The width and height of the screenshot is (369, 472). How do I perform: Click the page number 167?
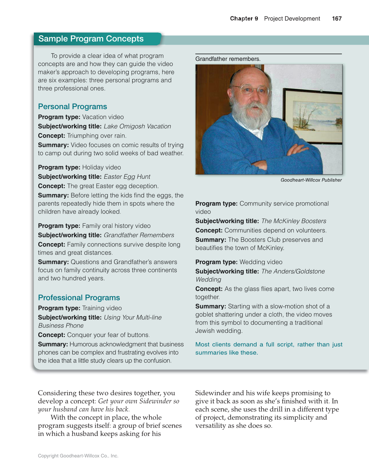336,19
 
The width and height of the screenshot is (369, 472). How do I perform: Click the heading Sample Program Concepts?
91,39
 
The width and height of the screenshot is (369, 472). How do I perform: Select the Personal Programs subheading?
72,107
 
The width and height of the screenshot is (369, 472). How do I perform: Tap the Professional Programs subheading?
79,297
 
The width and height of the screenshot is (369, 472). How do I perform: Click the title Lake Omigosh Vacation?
137,126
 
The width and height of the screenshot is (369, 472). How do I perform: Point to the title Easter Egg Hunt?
127,177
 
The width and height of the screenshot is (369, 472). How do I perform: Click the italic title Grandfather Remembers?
139,235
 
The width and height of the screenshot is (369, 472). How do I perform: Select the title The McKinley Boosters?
294,221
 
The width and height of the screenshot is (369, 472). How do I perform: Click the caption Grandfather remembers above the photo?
228,59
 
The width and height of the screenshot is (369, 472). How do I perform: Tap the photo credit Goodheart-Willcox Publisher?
311,180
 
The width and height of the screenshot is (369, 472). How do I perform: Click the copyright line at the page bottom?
78,456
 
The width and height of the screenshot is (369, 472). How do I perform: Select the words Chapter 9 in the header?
244,19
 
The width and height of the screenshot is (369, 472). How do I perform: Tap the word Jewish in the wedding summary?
205,331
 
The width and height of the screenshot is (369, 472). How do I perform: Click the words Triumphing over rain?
97,136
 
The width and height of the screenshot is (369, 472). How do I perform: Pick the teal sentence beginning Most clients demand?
268,348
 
